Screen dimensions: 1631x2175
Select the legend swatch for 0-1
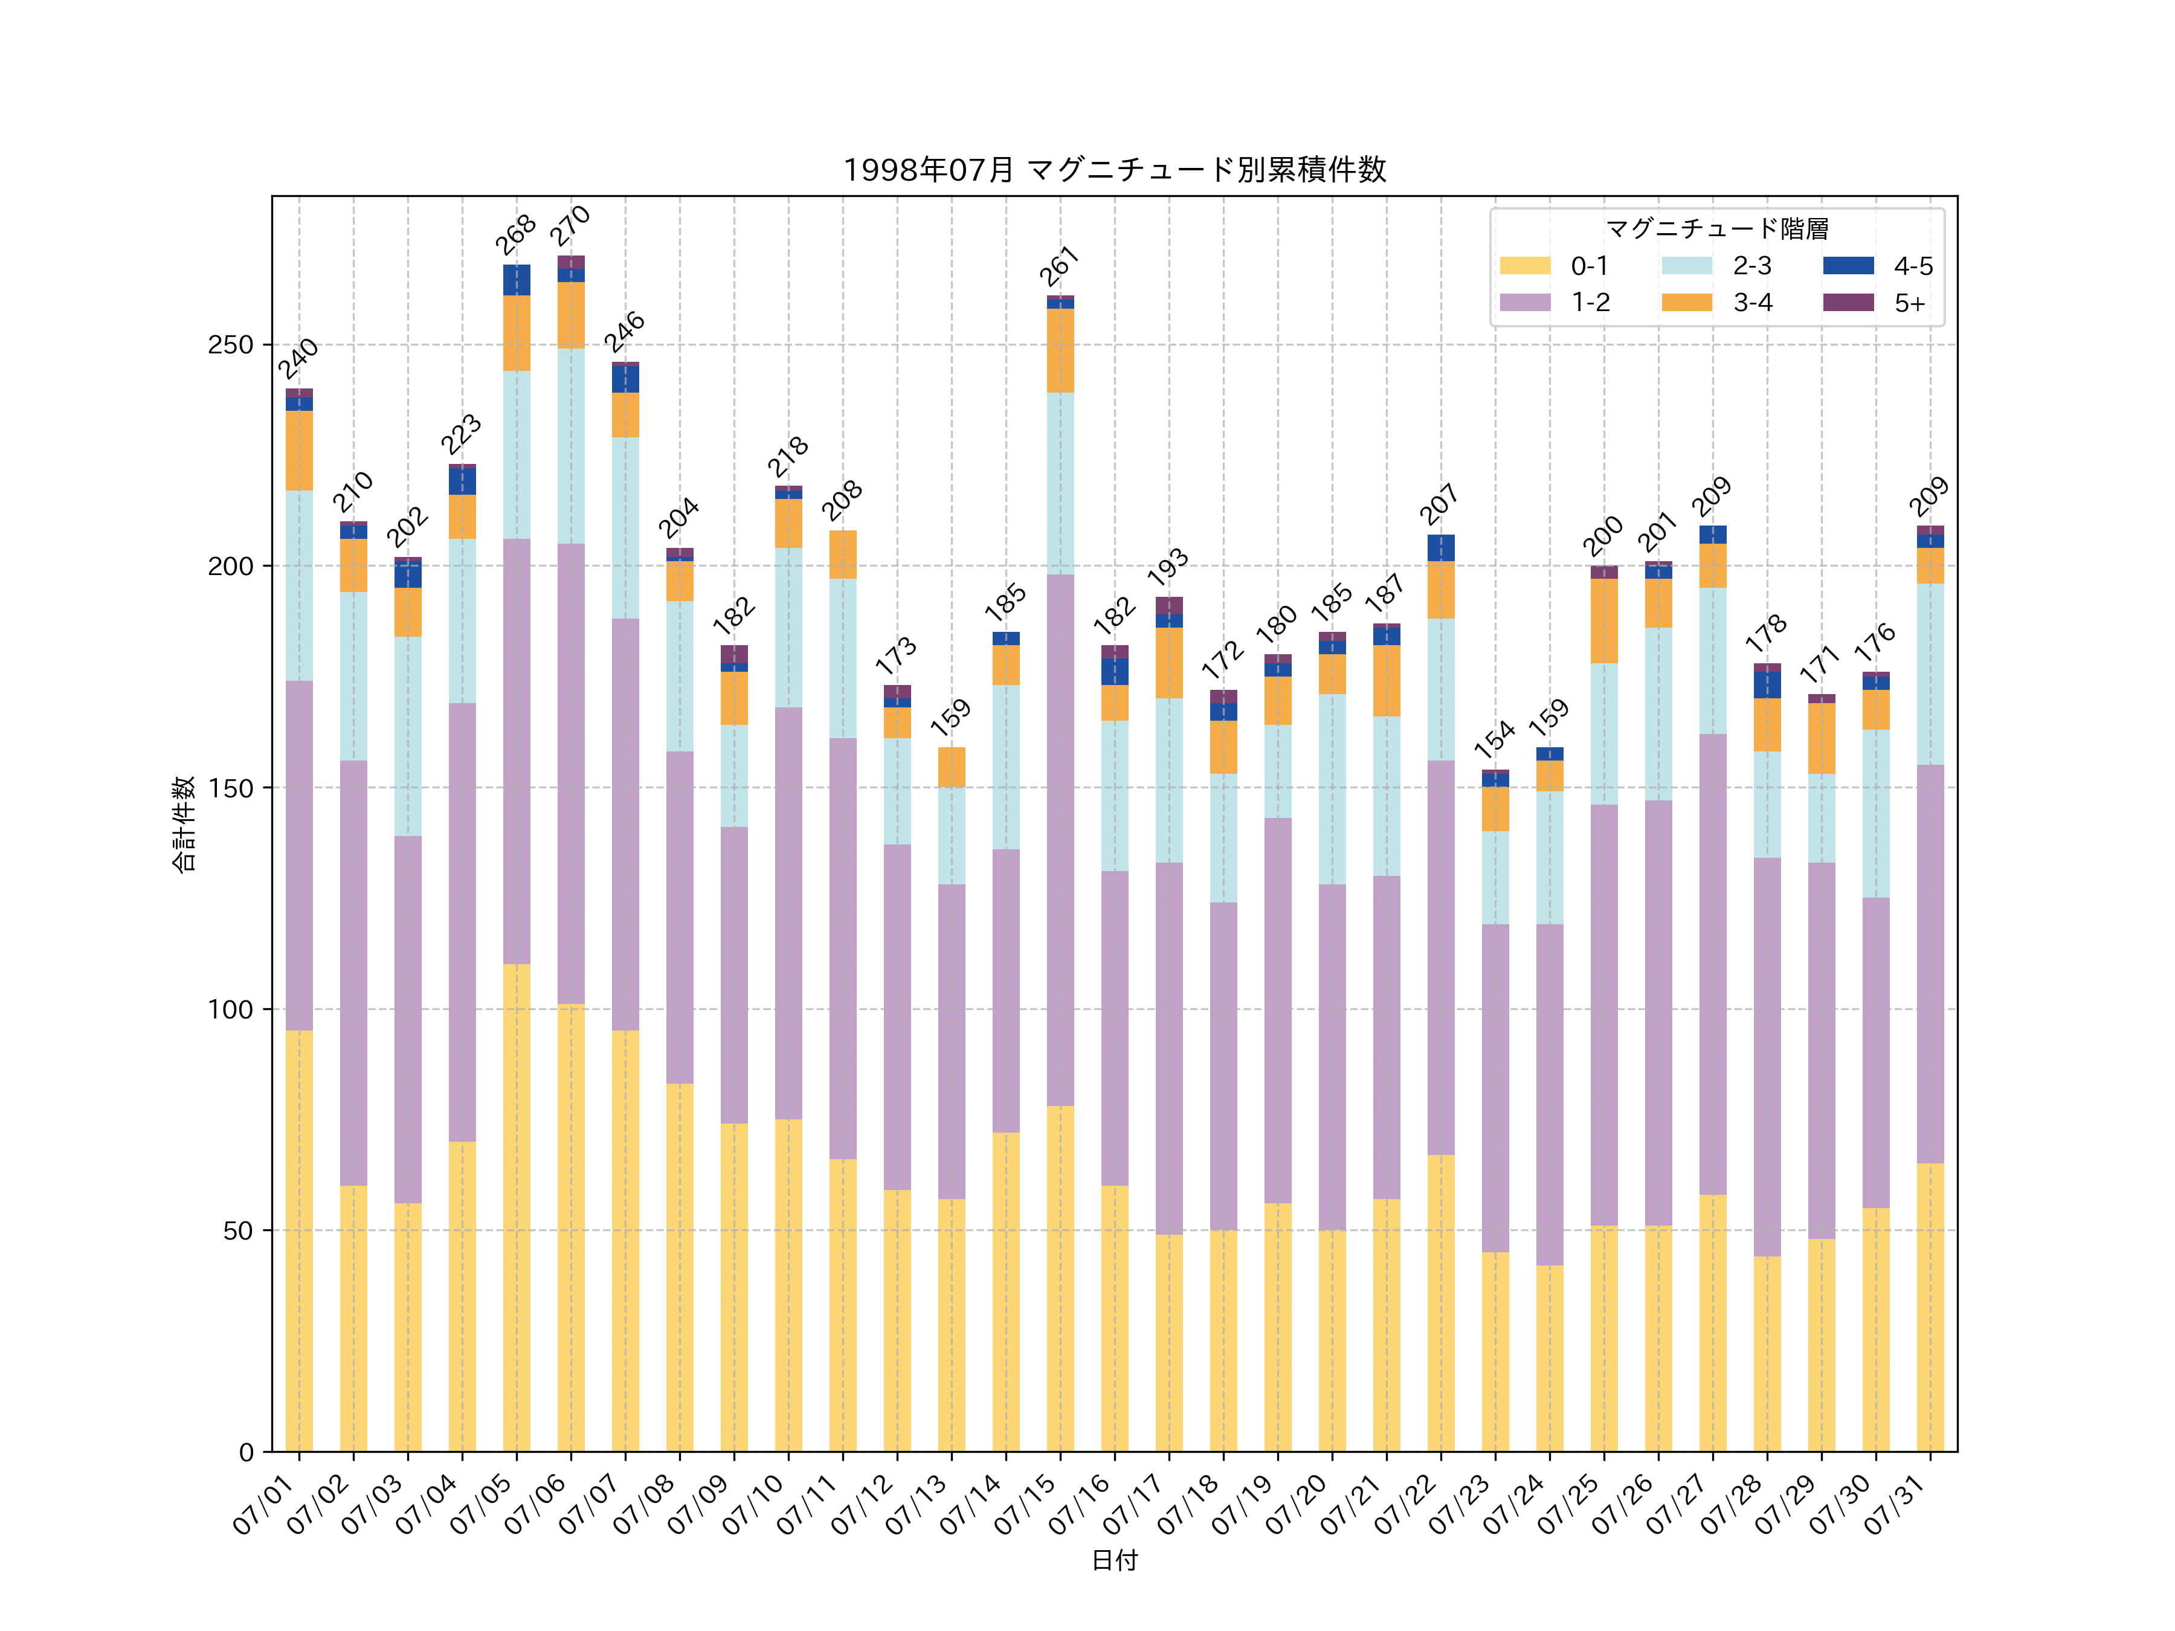coord(1525,265)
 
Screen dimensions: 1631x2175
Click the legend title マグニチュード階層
coord(1717,229)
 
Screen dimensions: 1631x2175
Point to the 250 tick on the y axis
coord(230,345)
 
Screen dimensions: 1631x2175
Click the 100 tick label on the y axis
coord(230,1009)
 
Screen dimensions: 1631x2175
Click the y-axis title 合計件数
coord(184,824)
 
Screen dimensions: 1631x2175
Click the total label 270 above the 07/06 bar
coord(570,226)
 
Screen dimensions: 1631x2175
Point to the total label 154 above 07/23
coord(1495,739)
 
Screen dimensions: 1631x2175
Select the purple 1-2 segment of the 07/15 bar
coord(1060,841)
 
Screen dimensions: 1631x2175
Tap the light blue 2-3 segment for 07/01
coord(299,586)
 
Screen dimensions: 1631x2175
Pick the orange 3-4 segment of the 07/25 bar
coord(1603,622)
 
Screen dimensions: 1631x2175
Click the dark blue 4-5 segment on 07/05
coord(516,280)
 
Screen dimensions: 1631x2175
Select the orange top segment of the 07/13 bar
coord(951,767)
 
